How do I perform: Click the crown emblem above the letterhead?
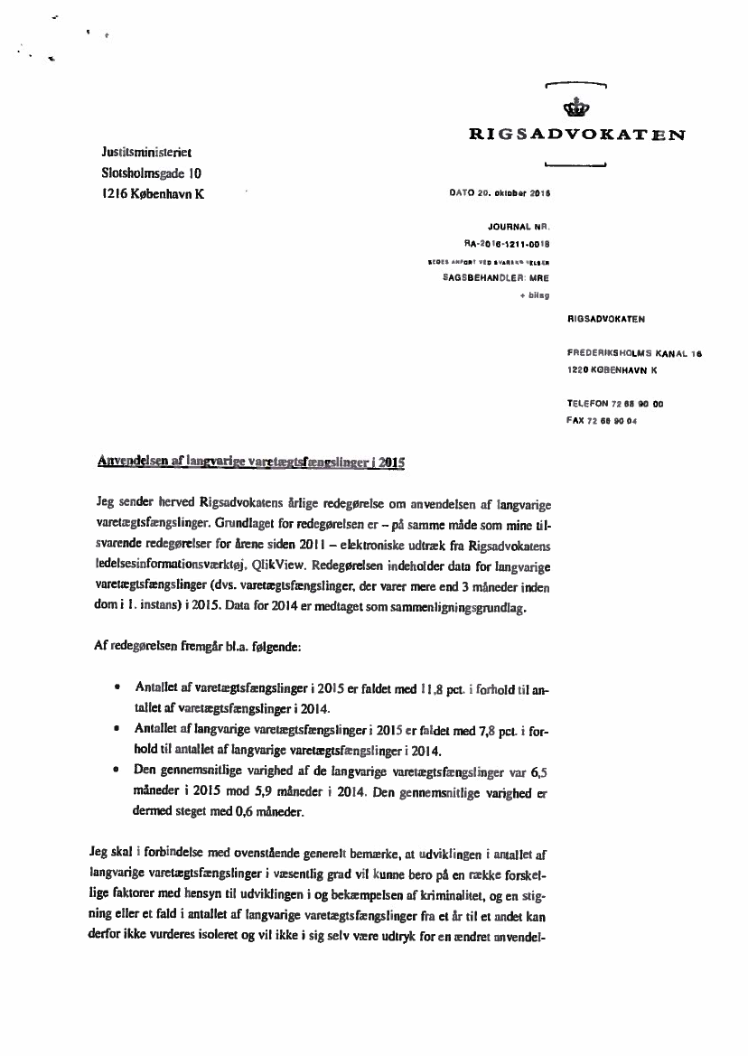575,109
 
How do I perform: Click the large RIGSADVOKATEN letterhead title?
575,136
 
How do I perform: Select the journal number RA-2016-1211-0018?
507,243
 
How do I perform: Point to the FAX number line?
601,421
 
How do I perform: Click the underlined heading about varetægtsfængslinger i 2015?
250,462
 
